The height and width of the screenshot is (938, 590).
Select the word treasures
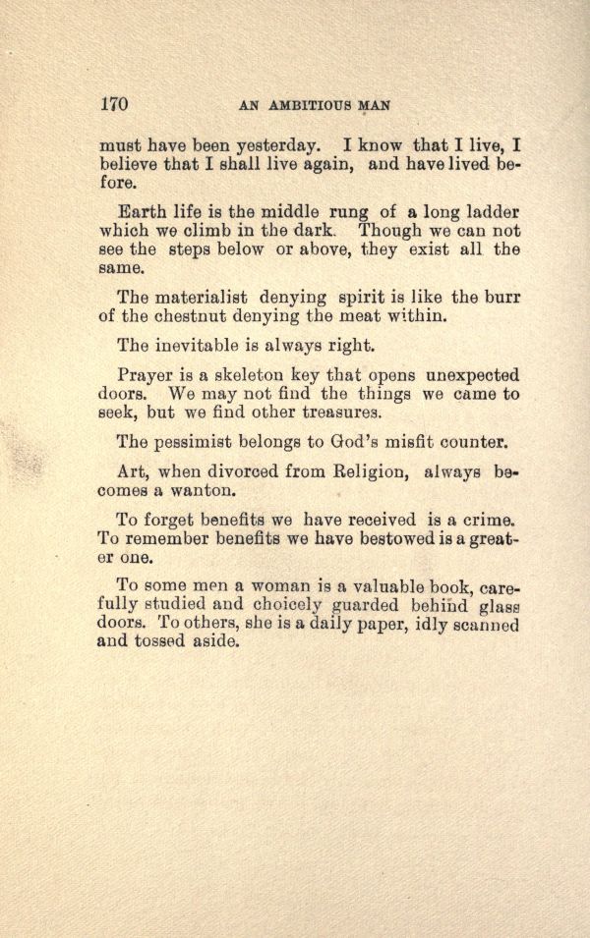click(331, 412)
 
